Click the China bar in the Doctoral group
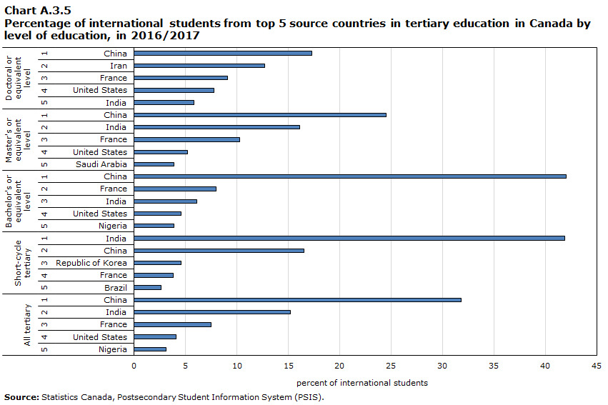click(x=222, y=54)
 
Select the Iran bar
click(x=199, y=66)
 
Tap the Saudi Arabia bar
click(x=154, y=164)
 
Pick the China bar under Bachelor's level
click(x=349, y=176)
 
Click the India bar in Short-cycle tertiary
click(x=349, y=239)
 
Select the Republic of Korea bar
click(x=157, y=263)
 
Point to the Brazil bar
click(x=147, y=287)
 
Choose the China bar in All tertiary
click(x=297, y=300)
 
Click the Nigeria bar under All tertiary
click(x=150, y=349)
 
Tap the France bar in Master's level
click(x=186, y=139)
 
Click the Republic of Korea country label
click(x=91, y=263)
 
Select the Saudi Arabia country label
click(x=101, y=164)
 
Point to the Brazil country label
click(x=115, y=287)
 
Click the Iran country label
click(x=119, y=66)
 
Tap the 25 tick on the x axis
click(x=390, y=366)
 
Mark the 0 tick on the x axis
click(x=134, y=366)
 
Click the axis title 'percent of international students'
click(x=362, y=383)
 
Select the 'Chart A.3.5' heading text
click(x=37, y=10)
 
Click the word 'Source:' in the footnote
click(x=21, y=397)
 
